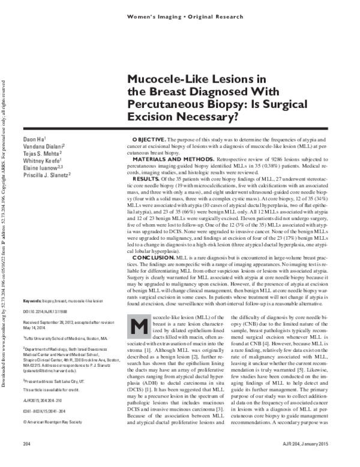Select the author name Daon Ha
pos(29,140)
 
